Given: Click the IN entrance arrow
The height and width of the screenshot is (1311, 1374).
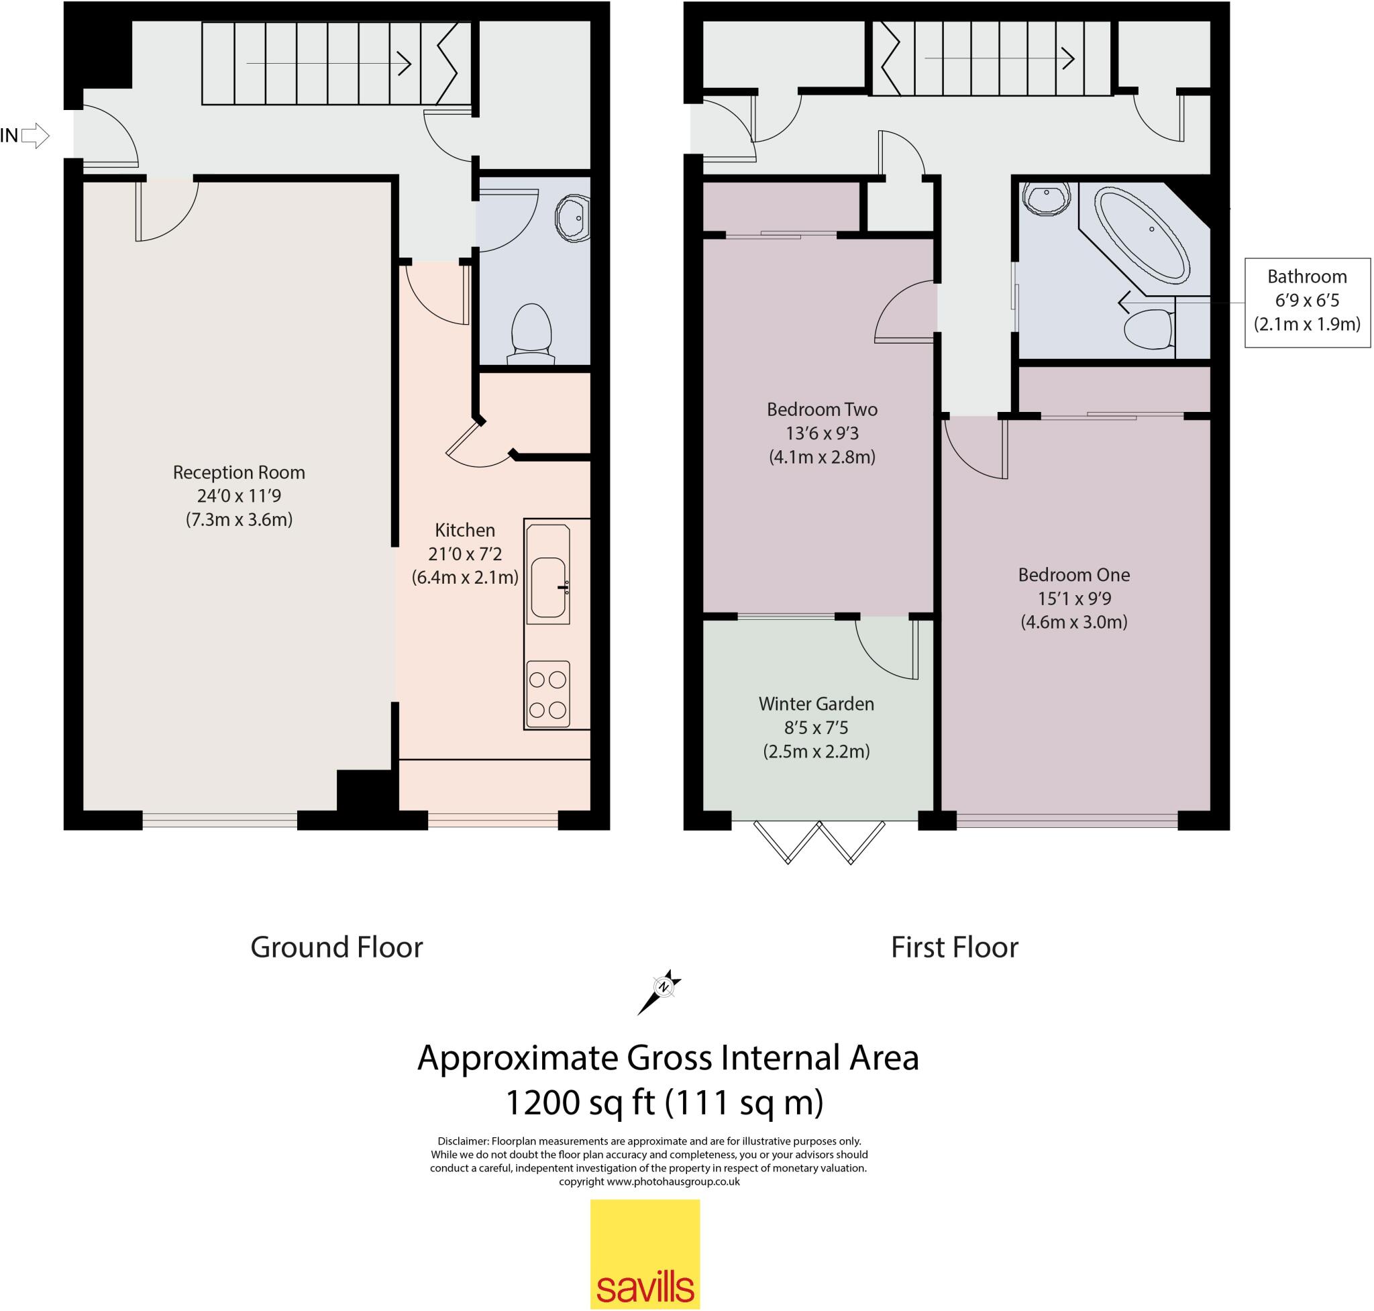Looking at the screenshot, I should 35,136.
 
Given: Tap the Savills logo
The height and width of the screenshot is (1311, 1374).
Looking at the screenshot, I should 644,1254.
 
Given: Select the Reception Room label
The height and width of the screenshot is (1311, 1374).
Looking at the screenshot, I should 239,472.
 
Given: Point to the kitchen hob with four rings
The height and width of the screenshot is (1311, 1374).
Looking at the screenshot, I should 547,694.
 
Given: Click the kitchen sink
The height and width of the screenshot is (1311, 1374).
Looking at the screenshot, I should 548,587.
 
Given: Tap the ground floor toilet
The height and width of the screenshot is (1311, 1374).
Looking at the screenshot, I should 532,333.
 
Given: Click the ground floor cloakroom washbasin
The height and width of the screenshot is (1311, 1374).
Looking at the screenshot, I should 573,218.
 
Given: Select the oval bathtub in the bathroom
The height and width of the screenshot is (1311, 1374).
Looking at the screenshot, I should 1141,234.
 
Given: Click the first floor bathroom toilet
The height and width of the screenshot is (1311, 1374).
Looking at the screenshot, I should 1149,329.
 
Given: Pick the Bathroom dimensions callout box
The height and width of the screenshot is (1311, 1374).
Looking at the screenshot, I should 1307,301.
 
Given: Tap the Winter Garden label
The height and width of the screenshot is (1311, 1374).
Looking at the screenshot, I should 816,704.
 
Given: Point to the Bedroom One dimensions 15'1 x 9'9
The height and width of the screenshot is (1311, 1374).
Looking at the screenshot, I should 1073,598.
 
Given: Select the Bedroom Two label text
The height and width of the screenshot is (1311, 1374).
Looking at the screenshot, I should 822,409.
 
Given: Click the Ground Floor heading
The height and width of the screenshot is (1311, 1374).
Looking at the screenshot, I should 336,947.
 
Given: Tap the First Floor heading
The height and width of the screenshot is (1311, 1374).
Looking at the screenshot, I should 954,947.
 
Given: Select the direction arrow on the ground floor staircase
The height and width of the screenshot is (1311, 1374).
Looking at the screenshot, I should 329,64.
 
